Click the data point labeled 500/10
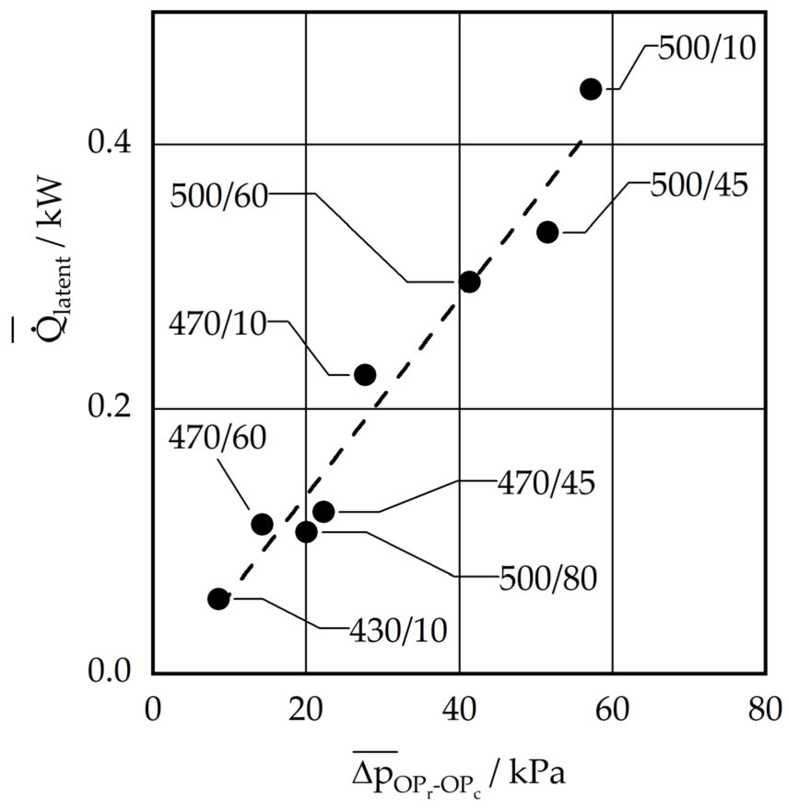591,89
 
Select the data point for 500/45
548,232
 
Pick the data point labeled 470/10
365,375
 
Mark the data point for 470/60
262,524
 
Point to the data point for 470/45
324,511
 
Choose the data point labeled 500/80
307,532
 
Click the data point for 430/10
219,599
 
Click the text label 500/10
707,49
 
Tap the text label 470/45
546,483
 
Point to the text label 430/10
398,630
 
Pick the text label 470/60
217,438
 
